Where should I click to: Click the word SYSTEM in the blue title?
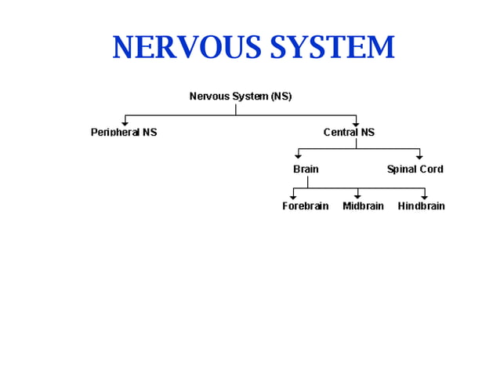pos(332,48)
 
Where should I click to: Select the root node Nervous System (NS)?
pos(241,96)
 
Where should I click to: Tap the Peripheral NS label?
pos(124,133)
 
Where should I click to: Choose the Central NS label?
pos(349,133)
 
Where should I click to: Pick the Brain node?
pos(306,169)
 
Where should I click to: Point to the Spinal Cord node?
pos(415,169)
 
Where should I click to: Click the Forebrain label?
pos(306,206)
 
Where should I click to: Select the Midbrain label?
pos(363,206)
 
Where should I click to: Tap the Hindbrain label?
pos(421,206)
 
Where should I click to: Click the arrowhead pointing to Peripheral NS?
pos(125,123)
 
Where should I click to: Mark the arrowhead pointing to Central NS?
pos(356,123)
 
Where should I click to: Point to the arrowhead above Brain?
pos(298,157)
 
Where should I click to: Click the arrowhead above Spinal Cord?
pos(419,157)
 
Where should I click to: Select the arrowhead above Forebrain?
pos(293,196)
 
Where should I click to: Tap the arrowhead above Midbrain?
pos(357,196)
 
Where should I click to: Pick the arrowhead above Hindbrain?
pos(425,196)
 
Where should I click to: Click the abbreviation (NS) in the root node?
pos(281,96)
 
